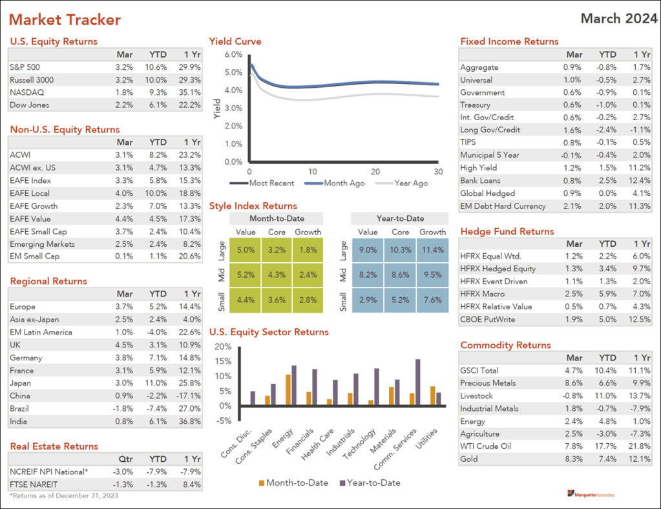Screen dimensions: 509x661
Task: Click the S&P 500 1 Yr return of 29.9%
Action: coord(191,67)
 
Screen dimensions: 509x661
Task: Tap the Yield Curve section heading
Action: coord(235,41)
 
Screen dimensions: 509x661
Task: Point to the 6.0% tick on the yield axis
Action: coord(232,55)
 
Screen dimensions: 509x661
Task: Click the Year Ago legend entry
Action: coord(411,183)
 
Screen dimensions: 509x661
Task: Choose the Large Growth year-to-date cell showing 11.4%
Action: coord(432,249)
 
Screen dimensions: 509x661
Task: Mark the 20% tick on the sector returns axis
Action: coord(222,346)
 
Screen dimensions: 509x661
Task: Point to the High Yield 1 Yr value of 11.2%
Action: coord(640,167)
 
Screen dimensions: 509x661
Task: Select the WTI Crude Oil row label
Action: coord(487,446)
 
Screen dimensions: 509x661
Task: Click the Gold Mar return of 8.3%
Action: coord(573,459)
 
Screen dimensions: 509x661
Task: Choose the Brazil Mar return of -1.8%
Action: coord(123,408)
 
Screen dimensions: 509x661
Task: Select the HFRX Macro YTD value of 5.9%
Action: coord(607,294)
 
